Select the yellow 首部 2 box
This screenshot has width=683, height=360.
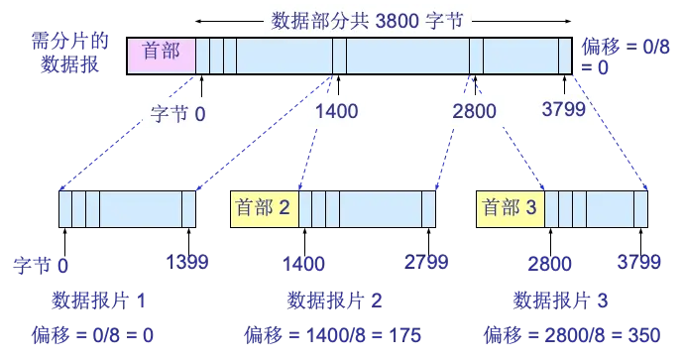[x=264, y=209]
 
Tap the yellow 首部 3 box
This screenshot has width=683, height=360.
[x=510, y=209]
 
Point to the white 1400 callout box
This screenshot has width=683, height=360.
[x=335, y=112]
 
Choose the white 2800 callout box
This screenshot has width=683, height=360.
[x=474, y=112]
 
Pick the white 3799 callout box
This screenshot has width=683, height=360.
[x=563, y=112]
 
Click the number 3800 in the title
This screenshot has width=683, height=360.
[x=403, y=20]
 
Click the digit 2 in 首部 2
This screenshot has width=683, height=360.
[x=285, y=209]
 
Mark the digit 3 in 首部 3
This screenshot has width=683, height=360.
[x=531, y=209]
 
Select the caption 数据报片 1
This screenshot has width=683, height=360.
[x=102, y=299]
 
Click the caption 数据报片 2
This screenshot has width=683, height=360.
[x=336, y=299]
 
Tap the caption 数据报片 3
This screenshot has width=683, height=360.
[x=560, y=299]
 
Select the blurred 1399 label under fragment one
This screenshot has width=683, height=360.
[x=188, y=263]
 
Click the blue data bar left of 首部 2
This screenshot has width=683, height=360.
[x=127, y=210]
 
